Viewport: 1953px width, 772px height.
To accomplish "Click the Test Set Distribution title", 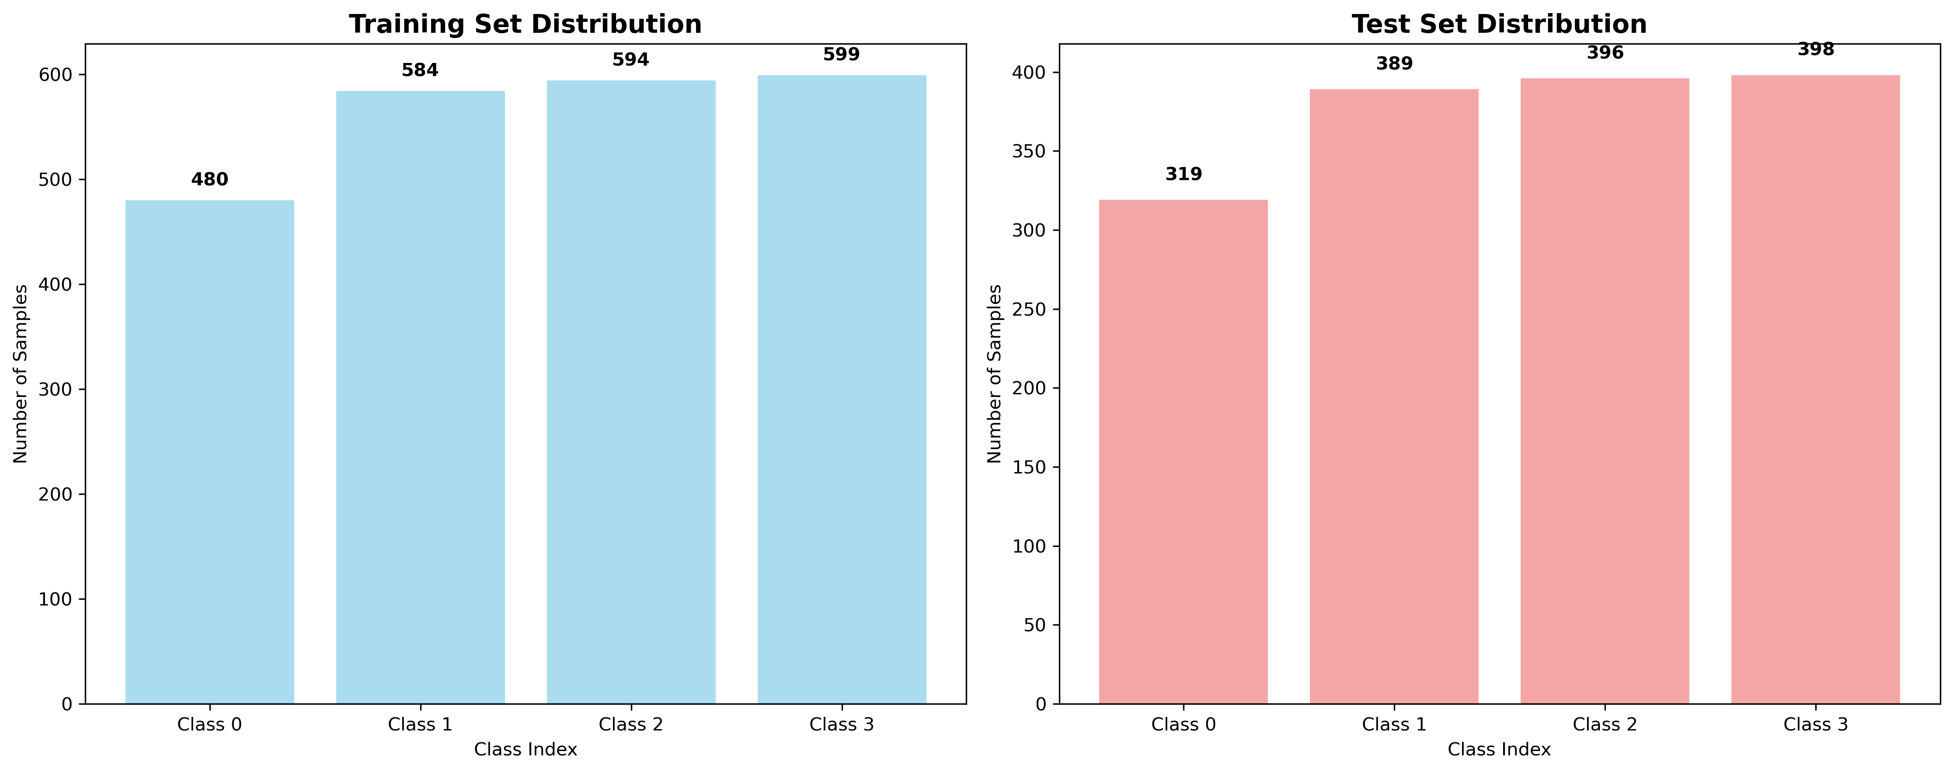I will click(1499, 24).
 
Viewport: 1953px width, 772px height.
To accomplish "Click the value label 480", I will click(209, 180).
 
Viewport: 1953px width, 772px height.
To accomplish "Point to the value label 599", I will click(842, 55).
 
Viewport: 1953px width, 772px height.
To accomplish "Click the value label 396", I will click(1605, 53).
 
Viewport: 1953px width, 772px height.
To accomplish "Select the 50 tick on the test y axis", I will click(1034, 625).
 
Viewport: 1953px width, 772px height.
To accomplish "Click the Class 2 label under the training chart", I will click(631, 724).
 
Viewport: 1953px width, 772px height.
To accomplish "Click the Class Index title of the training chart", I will click(526, 749).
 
